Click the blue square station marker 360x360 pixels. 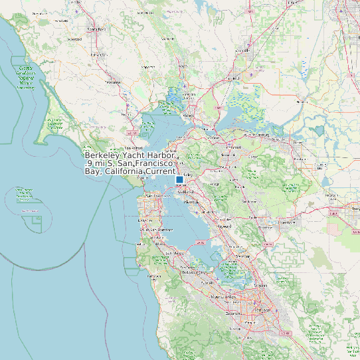(x=179, y=180)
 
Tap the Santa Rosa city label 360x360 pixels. (x=97, y=29)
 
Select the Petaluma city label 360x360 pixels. (x=114, y=83)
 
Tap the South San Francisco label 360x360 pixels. (x=155, y=229)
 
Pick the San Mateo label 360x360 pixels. (x=174, y=253)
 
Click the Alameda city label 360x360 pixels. (x=191, y=201)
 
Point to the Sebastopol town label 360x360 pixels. (x=76, y=39)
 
